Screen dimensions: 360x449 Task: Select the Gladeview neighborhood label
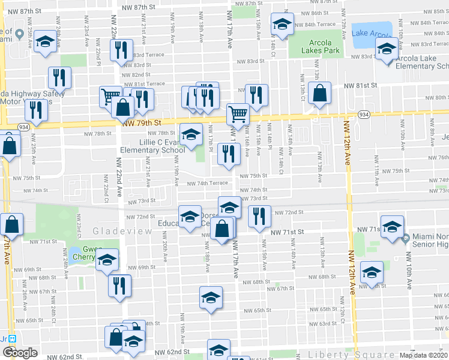point(116,231)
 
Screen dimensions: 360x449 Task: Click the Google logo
point(20,353)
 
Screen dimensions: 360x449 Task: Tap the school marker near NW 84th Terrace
point(281,24)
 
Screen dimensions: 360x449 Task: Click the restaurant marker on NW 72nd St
point(259,216)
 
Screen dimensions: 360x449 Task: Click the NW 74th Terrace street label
point(207,184)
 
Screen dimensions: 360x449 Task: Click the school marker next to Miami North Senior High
point(392,227)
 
